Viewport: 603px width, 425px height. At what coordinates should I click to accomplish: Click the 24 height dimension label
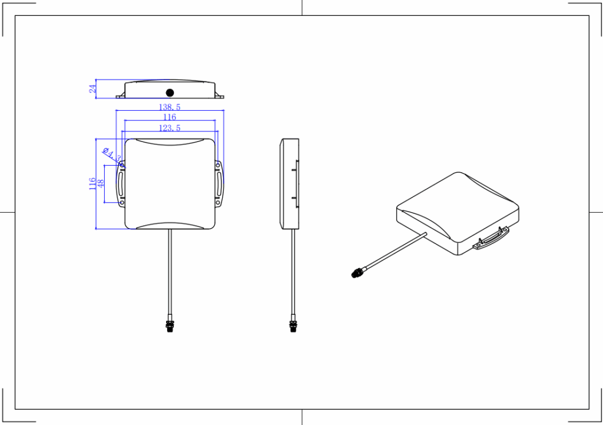(92, 89)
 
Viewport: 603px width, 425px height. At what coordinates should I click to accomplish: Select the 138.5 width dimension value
(170, 107)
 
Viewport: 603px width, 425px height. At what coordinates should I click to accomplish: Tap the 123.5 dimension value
(170, 128)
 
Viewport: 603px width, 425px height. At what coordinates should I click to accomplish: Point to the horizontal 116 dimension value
(170, 117)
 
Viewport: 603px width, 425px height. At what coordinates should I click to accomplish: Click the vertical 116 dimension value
(92, 184)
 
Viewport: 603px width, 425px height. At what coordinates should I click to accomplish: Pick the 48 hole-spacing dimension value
(101, 184)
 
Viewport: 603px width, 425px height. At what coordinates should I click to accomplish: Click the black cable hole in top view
(170, 93)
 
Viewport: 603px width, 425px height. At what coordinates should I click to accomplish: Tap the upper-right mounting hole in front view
(218, 166)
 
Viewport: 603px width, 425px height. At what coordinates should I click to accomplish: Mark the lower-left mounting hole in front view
(122, 203)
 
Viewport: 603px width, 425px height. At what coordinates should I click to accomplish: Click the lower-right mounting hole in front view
(218, 203)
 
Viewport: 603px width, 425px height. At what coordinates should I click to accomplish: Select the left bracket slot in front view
(121, 185)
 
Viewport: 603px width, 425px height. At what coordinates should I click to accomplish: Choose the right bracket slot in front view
(220, 185)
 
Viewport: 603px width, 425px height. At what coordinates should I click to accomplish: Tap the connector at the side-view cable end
(293, 325)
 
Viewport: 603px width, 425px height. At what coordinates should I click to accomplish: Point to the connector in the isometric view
(357, 272)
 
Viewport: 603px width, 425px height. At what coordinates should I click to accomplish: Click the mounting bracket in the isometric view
(492, 239)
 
